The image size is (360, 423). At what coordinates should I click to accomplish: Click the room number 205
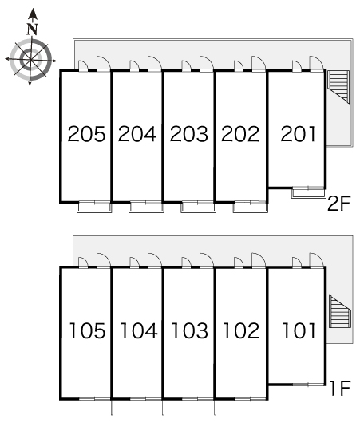[86, 134]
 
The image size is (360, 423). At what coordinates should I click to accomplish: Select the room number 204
[137, 134]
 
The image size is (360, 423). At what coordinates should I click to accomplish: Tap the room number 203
[189, 134]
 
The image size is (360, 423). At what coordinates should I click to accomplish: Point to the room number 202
[240, 134]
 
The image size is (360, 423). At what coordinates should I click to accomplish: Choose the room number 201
[298, 134]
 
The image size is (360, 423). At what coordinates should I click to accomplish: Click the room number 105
[88, 330]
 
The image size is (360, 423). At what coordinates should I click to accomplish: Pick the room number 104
[139, 330]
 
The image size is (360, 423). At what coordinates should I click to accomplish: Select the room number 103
[190, 330]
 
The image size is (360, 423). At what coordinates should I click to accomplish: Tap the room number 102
[241, 330]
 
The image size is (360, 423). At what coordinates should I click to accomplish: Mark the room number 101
[299, 330]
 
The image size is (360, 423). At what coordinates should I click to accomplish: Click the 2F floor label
[338, 204]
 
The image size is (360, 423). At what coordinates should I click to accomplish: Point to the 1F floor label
[340, 388]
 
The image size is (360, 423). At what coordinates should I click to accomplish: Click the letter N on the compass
[33, 30]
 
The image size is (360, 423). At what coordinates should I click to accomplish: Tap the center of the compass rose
[30, 60]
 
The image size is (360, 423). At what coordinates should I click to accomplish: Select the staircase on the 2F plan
[338, 87]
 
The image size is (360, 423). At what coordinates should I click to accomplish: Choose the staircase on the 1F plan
[340, 311]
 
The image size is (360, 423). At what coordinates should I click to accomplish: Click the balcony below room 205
[94, 208]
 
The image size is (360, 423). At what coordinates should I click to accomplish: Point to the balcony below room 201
[308, 193]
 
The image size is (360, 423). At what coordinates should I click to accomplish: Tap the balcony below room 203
[198, 208]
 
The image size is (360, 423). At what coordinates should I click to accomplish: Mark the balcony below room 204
[146, 208]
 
